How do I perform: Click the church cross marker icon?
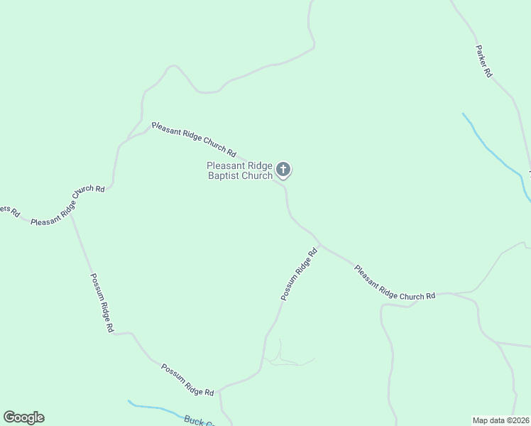click(283, 170)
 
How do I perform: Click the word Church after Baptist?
click(258, 175)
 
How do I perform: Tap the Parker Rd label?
click(483, 61)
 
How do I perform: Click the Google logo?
click(23, 417)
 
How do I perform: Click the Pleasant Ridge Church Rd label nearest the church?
click(194, 138)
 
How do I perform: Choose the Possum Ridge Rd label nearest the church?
click(298, 274)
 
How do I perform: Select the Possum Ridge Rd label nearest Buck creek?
click(187, 380)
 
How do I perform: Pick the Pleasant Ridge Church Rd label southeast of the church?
click(394, 283)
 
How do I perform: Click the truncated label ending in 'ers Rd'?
click(10, 212)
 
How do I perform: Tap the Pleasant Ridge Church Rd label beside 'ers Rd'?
click(67, 207)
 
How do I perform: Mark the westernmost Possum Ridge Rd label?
click(102, 303)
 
